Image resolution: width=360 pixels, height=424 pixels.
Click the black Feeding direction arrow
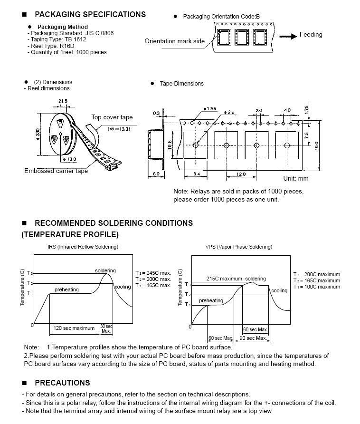288,36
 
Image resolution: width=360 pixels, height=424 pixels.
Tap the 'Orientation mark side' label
175,41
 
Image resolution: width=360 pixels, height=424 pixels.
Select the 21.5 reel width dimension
63,101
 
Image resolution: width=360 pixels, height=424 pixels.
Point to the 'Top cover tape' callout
112,117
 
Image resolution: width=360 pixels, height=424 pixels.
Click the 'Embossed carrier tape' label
56,171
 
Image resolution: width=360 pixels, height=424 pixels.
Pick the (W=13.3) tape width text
119,129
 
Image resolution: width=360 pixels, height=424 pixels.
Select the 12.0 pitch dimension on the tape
241,174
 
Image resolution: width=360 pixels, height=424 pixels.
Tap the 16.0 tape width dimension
317,145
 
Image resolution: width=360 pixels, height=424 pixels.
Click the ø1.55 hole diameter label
210,109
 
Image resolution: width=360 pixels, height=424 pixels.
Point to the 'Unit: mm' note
296,178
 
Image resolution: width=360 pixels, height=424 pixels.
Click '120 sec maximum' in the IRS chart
74,328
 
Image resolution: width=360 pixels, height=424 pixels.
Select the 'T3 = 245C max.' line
153,273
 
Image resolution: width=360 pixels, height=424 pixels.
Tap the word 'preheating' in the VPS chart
211,300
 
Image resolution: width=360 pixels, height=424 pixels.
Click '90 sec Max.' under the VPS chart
253,338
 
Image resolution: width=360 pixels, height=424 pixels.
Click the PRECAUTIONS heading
62,383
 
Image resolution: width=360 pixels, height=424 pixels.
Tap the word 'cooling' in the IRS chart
123,287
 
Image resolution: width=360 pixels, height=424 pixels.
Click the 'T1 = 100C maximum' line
316,287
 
